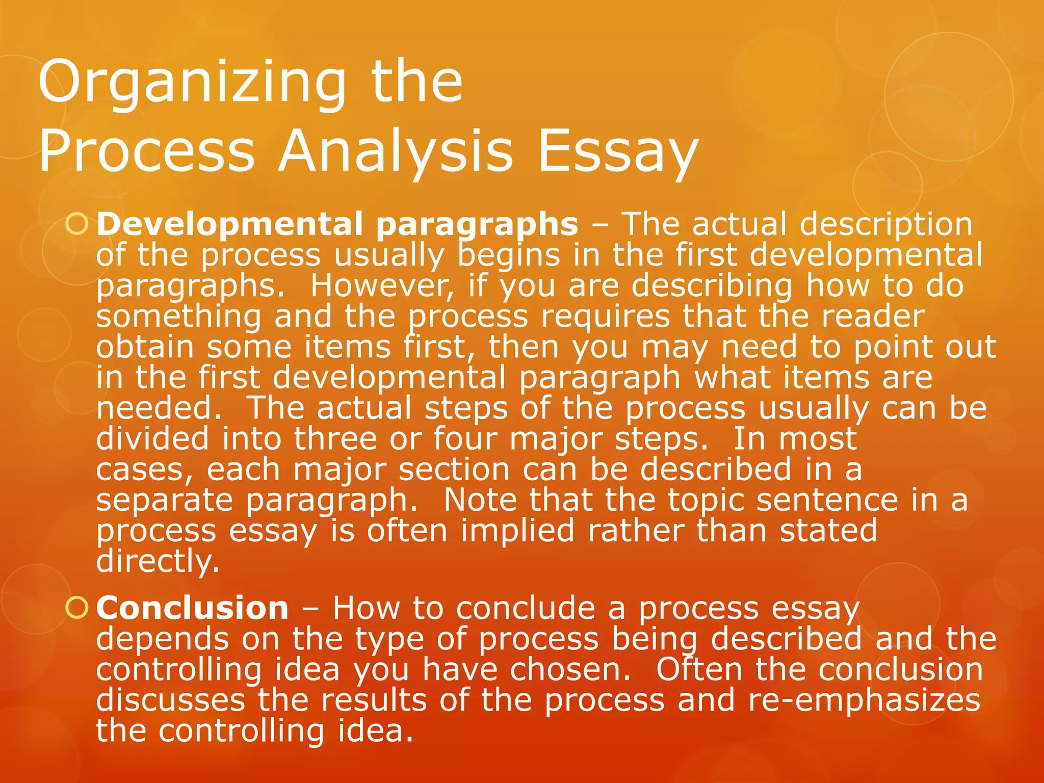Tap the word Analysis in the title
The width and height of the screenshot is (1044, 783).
point(395,151)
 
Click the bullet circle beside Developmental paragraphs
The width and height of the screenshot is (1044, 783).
point(77,224)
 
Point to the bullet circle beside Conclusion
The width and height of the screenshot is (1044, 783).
point(77,608)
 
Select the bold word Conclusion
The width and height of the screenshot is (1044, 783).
point(192,608)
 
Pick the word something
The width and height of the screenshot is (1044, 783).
point(178,317)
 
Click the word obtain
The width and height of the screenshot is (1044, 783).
point(145,347)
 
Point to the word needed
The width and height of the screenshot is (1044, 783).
point(159,408)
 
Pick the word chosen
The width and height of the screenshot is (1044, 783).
point(570,670)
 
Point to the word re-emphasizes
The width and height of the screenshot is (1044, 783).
point(864,700)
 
